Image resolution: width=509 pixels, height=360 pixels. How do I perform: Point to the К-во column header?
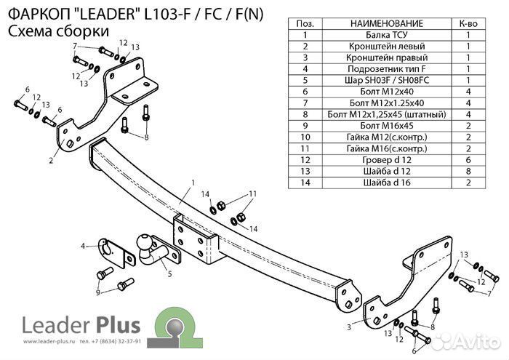[469, 23]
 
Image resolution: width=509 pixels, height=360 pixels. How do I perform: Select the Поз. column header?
[305, 23]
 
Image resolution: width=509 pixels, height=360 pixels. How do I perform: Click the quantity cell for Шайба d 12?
[469, 170]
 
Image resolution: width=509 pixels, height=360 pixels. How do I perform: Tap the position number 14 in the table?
[305, 182]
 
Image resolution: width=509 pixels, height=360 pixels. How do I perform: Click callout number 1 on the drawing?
[193, 182]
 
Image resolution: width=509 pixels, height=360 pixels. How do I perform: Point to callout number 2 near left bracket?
[52, 160]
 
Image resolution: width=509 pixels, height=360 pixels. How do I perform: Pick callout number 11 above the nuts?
[253, 193]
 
